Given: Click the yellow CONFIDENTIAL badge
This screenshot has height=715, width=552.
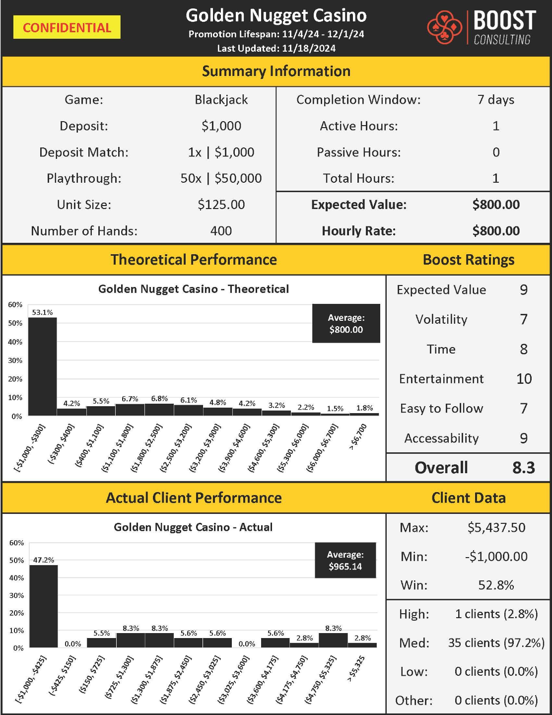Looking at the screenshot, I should click(x=67, y=27).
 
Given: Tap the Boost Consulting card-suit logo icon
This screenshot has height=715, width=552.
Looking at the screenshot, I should click(x=444, y=27).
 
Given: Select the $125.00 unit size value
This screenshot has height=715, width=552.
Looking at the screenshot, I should click(x=221, y=205).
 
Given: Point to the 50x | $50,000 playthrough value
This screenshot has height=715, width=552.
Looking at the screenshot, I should click(x=221, y=178).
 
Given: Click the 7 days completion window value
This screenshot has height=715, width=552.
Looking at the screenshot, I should click(x=495, y=100).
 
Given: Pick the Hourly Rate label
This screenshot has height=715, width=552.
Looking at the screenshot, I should click(x=358, y=231).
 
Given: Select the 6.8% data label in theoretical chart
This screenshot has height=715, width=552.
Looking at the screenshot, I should click(x=159, y=399).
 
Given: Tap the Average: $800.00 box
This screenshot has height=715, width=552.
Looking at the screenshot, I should click(x=346, y=323).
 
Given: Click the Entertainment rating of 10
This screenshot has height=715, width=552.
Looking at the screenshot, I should click(x=524, y=379).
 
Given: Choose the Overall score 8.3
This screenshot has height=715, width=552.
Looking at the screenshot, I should click(x=524, y=468).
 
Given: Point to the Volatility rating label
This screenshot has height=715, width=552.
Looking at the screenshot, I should click(x=441, y=319).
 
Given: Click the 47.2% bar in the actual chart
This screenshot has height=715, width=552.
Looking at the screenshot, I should click(x=44, y=606).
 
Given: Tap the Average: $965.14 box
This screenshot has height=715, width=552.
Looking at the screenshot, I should click(x=345, y=561).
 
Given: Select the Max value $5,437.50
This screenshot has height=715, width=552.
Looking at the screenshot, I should click(x=496, y=527).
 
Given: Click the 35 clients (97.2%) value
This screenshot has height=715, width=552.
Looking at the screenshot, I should click(x=496, y=643).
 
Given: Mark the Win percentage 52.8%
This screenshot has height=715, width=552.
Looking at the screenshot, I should click(x=496, y=585).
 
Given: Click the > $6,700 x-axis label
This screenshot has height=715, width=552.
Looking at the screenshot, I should click(x=358, y=437).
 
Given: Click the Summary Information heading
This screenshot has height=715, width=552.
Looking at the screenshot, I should click(x=276, y=71).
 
